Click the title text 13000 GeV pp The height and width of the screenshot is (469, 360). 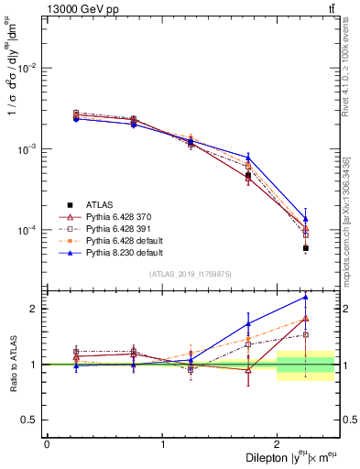coord(80,8)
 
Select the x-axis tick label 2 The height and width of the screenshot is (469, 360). coord(278,444)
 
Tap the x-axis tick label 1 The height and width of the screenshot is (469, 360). coord(162,444)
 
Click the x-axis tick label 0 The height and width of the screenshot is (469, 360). coord(47,444)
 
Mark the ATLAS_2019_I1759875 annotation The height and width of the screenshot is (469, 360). coord(190,273)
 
